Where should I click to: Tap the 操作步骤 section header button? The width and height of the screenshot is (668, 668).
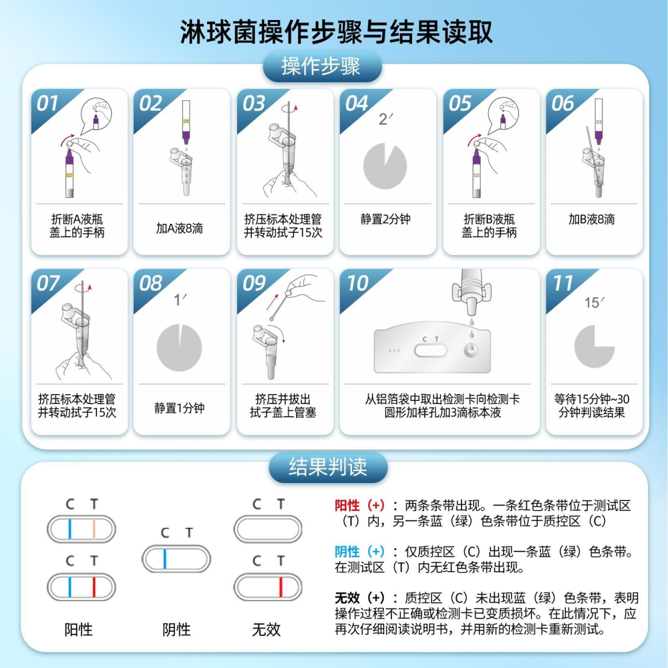tap(322, 67)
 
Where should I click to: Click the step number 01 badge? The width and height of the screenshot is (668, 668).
tap(48, 104)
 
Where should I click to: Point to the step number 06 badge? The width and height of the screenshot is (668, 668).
tap(562, 104)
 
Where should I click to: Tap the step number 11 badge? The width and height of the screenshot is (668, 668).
tap(562, 283)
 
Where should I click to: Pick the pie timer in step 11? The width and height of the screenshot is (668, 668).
tap(594, 346)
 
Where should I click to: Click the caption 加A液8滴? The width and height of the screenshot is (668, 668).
tap(179, 228)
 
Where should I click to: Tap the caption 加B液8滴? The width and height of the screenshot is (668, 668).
tap(592, 220)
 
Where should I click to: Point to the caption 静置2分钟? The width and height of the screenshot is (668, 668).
tap(385, 220)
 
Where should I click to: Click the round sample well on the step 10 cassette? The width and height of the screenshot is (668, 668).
tap(472, 349)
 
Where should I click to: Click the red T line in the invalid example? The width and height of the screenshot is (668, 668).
tap(281, 587)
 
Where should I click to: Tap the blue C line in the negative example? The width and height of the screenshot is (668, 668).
tap(164, 558)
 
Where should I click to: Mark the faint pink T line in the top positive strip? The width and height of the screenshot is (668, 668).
tap(94, 529)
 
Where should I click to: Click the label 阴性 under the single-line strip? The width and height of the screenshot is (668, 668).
tap(176, 629)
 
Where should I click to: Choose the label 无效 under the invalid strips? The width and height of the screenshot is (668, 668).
tap(266, 629)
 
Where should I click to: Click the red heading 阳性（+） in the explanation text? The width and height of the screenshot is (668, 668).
tap(359, 506)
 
